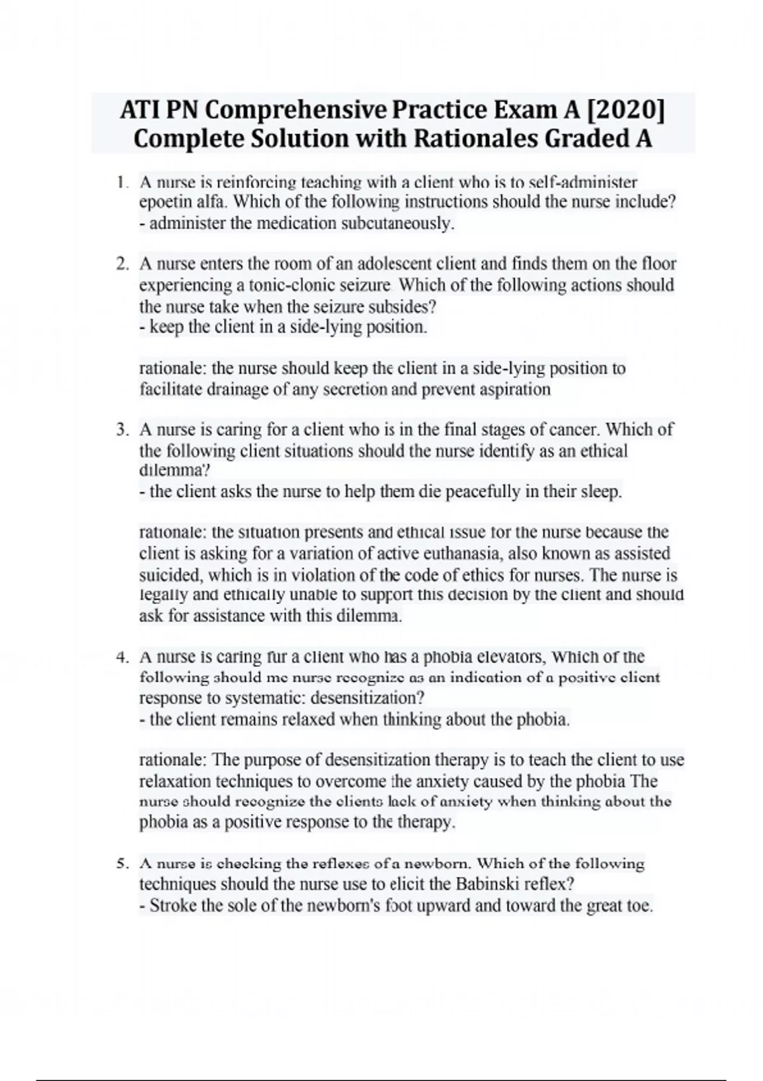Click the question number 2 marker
pos(123,264)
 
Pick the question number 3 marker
pos(123,430)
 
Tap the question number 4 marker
pos(123,658)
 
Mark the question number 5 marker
pos(123,864)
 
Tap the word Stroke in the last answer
pos(172,906)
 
